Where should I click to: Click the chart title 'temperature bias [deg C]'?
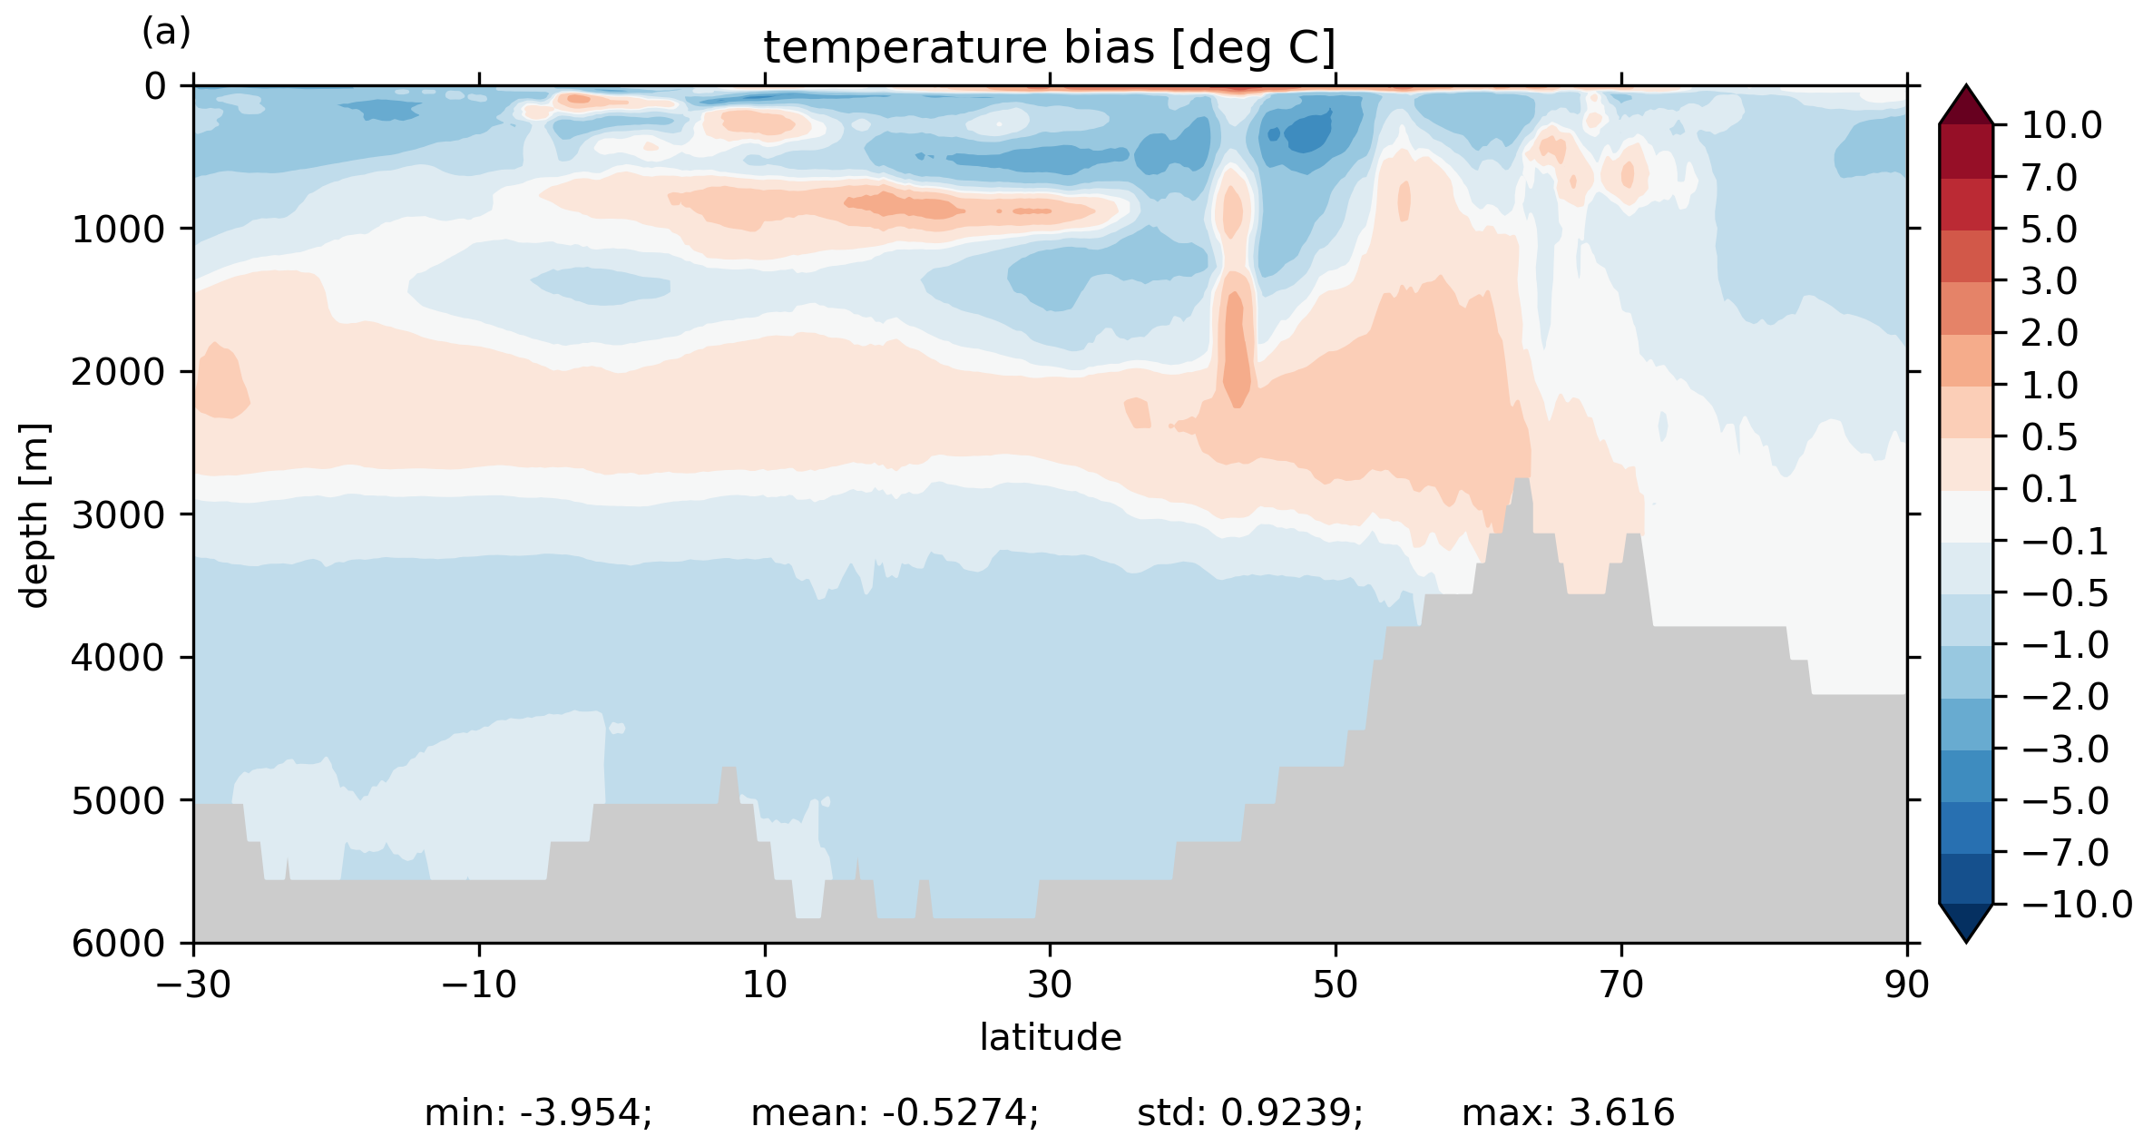(x=1050, y=47)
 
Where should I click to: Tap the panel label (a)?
(x=166, y=33)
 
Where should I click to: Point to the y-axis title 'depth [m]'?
(x=34, y=514)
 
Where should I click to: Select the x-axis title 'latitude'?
(x=1050, y=1037)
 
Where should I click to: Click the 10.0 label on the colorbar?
(x=2061, y=126)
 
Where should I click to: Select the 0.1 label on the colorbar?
(x=2050, y=490)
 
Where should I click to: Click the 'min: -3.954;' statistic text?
(x=538, y=1113)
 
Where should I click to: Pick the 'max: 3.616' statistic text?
(x=1568, y=1113)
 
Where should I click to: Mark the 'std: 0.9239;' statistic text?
(x=1249, y=1113)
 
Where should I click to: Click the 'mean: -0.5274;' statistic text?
(x=895, y=1113)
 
